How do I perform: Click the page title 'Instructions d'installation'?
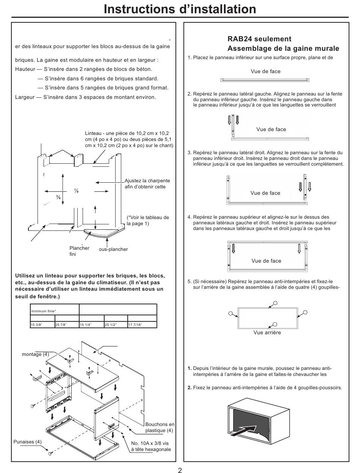pos(180,9)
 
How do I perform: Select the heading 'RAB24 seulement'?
pos(260,39)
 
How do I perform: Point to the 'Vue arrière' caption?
pos(267,332)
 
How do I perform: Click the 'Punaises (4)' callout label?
pos(27,442)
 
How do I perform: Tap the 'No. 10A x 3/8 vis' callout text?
pos(150,443)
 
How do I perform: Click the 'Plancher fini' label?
pos(79,251)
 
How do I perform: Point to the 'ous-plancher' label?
pos(113,249)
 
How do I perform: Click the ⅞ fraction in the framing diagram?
pos(76,191)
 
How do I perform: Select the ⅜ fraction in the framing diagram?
pos(58,197)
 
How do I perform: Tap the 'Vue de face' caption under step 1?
pos(265,71)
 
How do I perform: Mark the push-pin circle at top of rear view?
pos(275,303)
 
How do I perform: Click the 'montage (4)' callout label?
pos(35,354)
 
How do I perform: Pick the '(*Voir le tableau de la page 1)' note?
pos(148,220)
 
